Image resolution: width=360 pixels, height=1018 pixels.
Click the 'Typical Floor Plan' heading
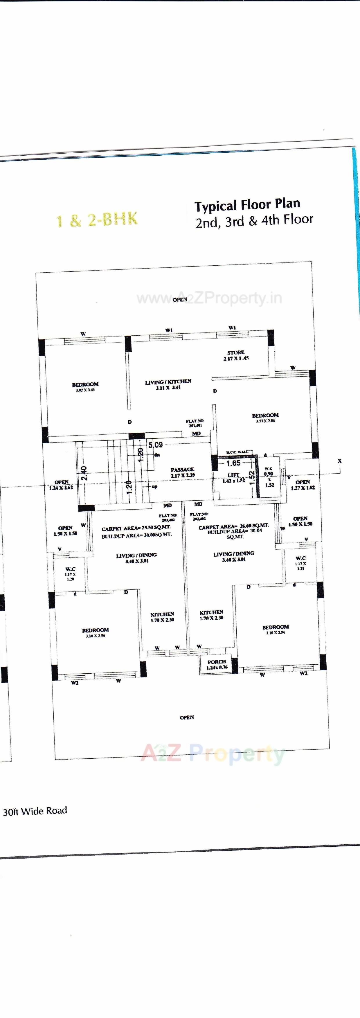tap(247, 205)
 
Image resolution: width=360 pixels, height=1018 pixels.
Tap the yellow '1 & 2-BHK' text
tap(97, 220)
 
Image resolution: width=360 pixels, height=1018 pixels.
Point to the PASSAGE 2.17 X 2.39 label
tap(183, 472)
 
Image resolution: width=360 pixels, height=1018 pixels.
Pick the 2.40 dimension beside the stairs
tap(84, 473)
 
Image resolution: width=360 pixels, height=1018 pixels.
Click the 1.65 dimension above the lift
tap(233, 463)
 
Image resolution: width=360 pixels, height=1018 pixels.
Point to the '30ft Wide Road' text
tap(35, 811)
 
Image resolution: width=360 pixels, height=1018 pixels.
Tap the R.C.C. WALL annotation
tap(237, 452)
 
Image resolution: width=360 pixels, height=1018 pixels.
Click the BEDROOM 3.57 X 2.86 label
tap(265, 417)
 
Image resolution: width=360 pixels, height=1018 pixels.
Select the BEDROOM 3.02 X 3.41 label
tap(85, 386)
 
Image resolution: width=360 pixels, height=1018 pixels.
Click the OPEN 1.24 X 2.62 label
tap(61, 485)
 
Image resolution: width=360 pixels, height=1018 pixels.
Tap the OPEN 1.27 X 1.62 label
tap(303, 485)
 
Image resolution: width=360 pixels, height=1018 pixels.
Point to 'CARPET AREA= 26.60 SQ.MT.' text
tap(233, 527)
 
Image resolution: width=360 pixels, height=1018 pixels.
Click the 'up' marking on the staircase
tap(154, 486)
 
